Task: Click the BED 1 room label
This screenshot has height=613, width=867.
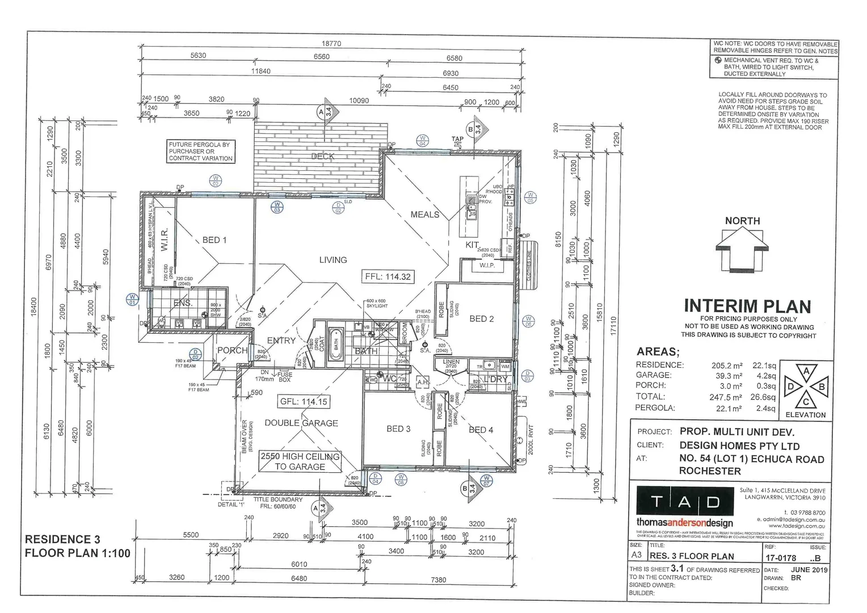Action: pos(214,240)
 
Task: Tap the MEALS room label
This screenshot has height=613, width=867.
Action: pos(425,215)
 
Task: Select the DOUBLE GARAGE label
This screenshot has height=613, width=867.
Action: pos(301,423)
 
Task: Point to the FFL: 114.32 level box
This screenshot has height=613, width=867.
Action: pos(388,277)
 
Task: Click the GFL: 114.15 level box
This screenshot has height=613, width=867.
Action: pos(303,401)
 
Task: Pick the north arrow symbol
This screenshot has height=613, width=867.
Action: pos(742,247)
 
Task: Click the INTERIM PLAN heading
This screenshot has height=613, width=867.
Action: pos(747,306)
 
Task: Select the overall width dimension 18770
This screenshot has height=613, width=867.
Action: pos(331,44)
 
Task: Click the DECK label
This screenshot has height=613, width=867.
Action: pos(323,156)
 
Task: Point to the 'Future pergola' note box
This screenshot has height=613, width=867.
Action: pos(200,152)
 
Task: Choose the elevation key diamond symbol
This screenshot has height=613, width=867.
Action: pos(806,387)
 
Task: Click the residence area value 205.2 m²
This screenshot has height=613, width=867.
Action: pos(727,366)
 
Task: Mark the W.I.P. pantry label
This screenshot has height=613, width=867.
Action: pos(487,265)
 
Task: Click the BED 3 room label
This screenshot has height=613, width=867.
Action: pos(398,429)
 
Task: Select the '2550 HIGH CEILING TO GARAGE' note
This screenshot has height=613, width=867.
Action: pos(300,461)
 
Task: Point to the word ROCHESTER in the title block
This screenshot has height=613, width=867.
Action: pos(710,471)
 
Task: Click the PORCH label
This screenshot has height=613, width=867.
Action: pos(232,351)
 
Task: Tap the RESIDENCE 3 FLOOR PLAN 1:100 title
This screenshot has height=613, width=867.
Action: pos(77,546)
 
